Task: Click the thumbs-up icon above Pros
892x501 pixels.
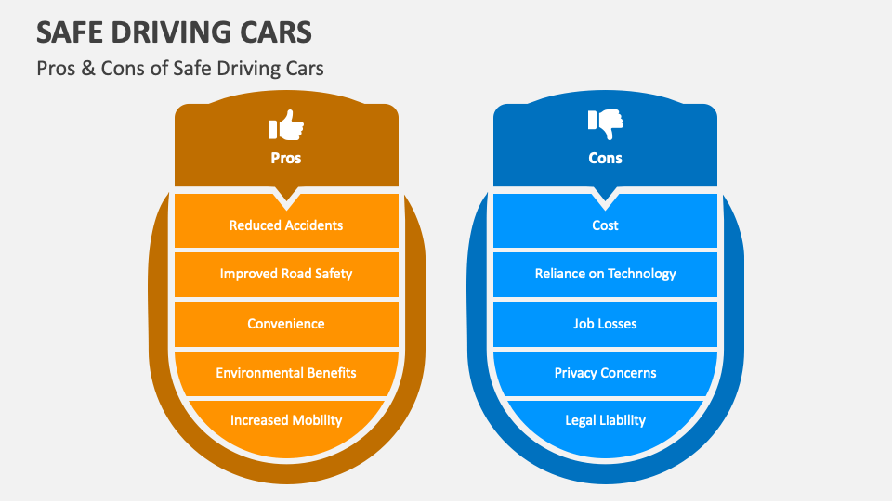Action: point(286,125)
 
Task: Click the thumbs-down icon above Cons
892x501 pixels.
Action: point(605,123)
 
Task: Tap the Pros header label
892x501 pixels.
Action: point(286,158)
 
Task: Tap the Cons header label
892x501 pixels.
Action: point(605,158)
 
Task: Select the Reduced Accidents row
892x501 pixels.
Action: point(286,225)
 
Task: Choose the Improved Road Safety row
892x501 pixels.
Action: point(286,274)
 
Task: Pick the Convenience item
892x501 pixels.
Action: point(286,324)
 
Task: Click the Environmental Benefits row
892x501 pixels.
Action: point(286,373)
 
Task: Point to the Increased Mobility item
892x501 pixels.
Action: point(286,420)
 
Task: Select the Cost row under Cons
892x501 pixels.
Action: point(605,225)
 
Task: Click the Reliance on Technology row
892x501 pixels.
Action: point(605,274)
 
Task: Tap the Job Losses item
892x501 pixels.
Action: point(605,324)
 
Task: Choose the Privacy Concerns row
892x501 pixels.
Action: point(605,373)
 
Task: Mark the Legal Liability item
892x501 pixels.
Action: point(605,420)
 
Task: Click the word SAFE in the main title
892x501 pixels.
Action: point(68,33)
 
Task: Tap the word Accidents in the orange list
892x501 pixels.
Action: point(313,225)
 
